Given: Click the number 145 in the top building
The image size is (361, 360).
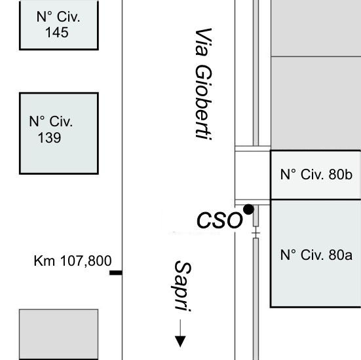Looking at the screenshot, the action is [x=57, y=32].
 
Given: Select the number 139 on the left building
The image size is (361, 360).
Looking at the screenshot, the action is [x=49, y=138].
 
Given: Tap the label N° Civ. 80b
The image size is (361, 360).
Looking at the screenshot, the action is [x=316, y=174].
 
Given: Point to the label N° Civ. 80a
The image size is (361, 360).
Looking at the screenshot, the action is [x=316, y=255].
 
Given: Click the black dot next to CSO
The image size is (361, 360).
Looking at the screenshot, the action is [x=249, y=209].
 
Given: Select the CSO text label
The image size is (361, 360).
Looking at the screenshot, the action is [x=219, y=220].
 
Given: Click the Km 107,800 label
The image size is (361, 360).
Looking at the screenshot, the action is [x=73, y=261].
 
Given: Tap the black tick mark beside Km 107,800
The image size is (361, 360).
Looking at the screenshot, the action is [x=116, y=273].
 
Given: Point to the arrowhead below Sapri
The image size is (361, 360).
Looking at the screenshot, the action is [x=180, y=342].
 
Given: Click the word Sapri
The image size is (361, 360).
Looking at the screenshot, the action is [x=183, y=286].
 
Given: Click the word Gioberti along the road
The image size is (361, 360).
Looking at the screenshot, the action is [x=204, y=102].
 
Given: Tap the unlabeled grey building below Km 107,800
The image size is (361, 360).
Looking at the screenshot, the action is [x=59, y=334].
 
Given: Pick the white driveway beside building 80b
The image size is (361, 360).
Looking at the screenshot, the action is [x=252, y=175].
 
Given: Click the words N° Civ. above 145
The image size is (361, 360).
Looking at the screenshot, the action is [x=58, y=17].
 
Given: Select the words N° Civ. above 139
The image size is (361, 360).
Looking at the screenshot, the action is [x=51, y=121].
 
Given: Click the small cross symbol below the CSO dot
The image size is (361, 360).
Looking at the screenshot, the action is [x=256, y=233].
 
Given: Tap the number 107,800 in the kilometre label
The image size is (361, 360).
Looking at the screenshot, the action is [x=86, y=261].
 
